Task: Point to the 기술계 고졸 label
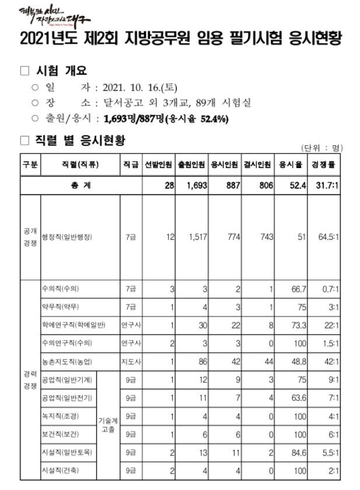coord(108,424)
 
